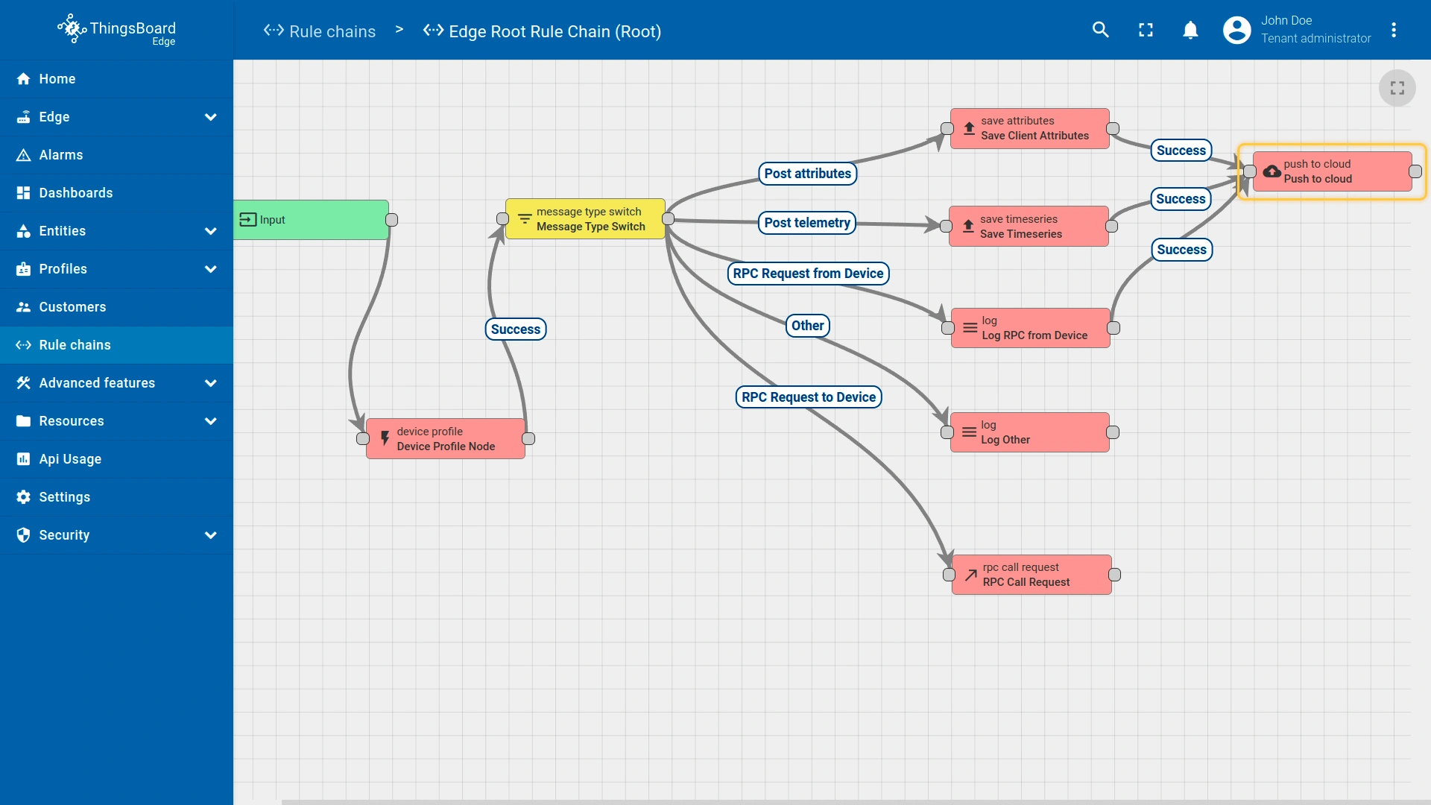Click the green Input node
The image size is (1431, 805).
(x=311, y=220)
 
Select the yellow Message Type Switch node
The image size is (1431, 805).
(x=585, y=219)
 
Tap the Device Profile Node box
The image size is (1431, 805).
(x=445, y=439)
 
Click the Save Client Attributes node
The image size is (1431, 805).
(x=1029, y=129)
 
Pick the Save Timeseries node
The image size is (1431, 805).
(x=1028, y=227)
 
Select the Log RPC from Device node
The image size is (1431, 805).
(x=1030, y=328)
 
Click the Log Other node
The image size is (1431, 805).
(x=1029, y=432)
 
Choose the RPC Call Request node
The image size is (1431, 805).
(x=1031, y=575)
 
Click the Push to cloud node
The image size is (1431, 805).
(x=1332, y=171)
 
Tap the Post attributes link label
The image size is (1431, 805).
(x=807, y=174)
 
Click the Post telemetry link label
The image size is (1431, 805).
(x=806, y=223)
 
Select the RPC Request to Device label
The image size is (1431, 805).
(x=808, y=397)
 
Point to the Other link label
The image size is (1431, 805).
(x=807, y=326)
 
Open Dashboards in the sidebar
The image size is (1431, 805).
(x=76, y=193)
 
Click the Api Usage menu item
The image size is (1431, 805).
(x=70, y=459)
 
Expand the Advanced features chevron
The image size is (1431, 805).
(x=211, y=383)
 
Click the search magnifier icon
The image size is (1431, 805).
(x=1100, y=30)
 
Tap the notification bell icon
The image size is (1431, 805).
(x=1190, y=30)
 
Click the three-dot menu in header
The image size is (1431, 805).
(x=1393, y=30)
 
